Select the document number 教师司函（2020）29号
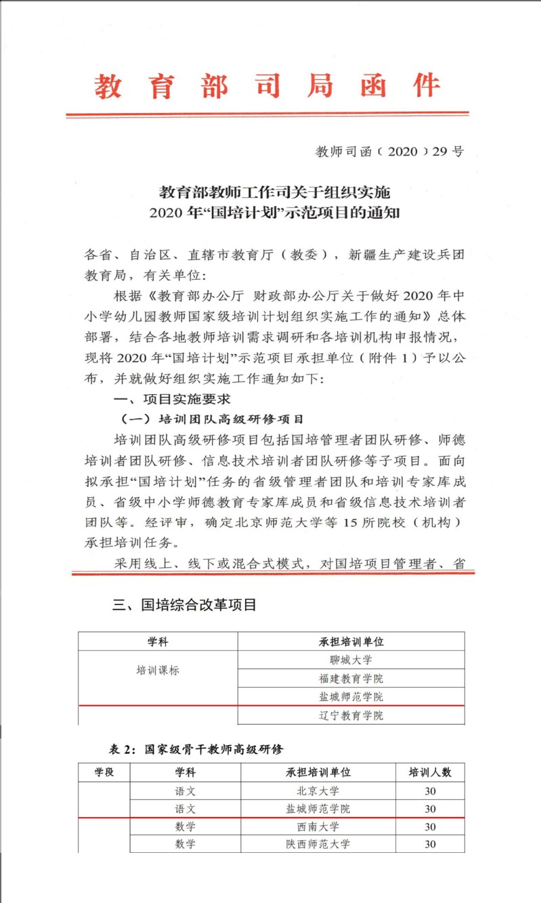pos(389,151)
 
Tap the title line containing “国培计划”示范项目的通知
pos(276,213)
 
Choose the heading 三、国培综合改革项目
pos(184,605)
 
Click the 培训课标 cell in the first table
pos(158,671)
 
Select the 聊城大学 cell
pos(351,660)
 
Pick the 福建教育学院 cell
pos(351,678)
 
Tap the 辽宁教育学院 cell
pos(351,715)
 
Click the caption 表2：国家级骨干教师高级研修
pos(196,749)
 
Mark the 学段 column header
pos(104,772)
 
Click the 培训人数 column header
pos(430,772)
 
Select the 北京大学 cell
pos(318,791)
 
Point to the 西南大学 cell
pos(318,826)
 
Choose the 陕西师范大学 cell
pos(318,844)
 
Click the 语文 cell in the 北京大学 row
pos(185,791)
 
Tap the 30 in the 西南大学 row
pos(430,826)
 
